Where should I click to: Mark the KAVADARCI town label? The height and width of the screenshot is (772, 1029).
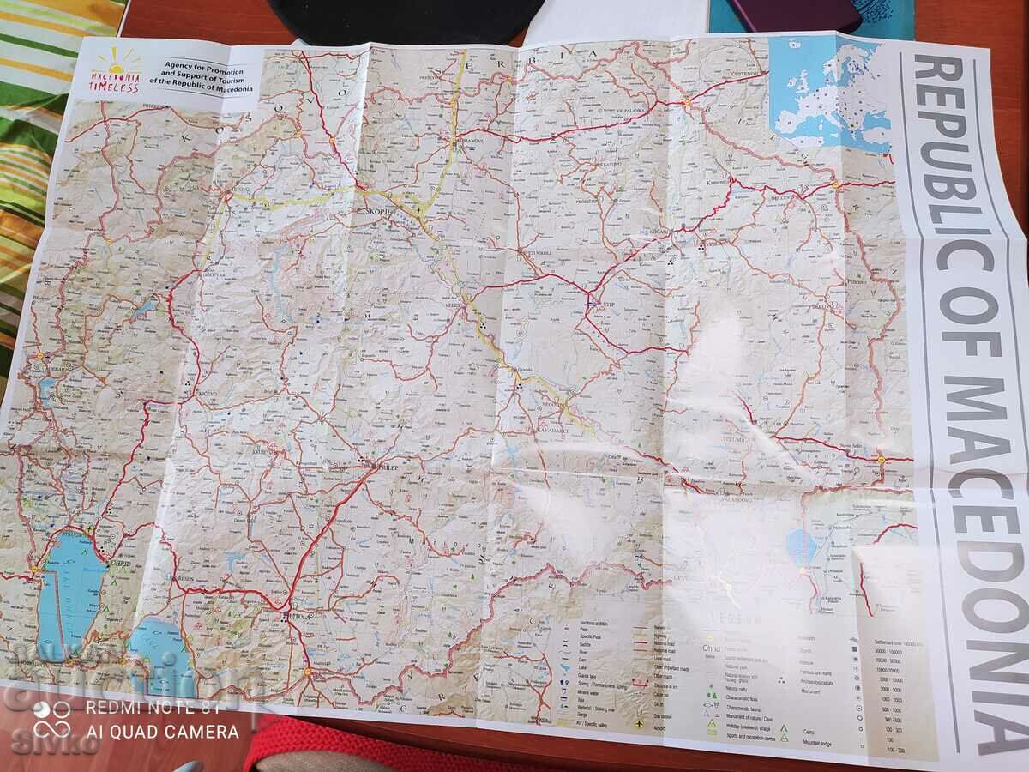(555, 429)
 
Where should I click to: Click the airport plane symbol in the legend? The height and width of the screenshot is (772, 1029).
(641, 723)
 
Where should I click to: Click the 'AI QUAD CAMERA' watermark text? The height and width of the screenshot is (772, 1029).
(162, 732)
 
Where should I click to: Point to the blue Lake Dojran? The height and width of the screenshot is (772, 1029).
(803, 546)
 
